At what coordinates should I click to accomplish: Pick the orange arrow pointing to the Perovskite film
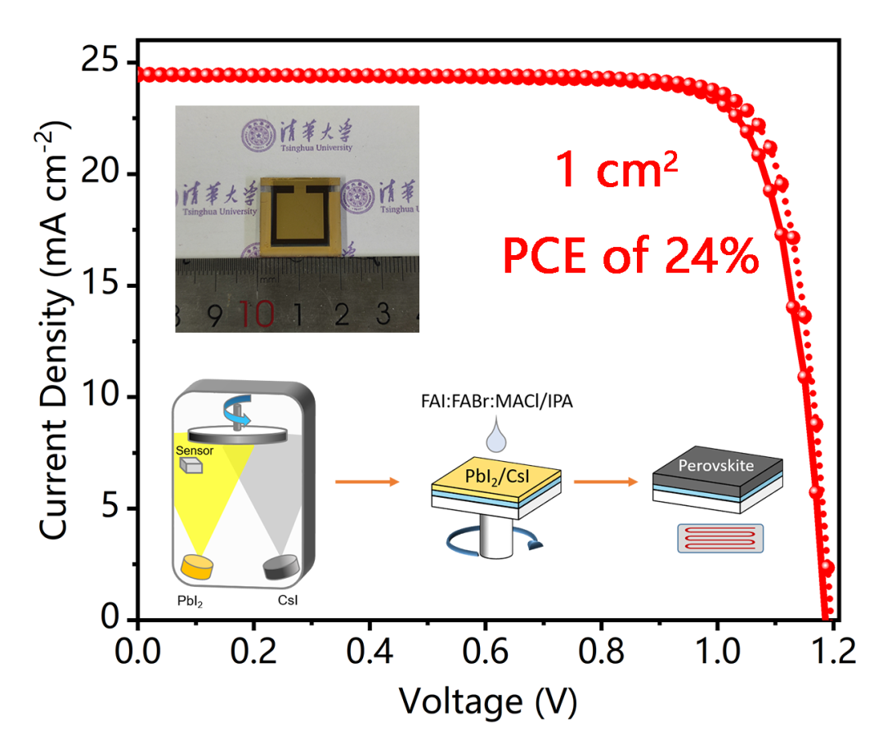tap(605, 481)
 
